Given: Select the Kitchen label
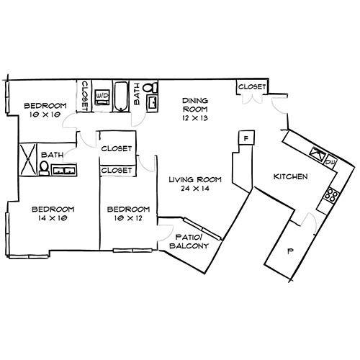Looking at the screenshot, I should [291, 176].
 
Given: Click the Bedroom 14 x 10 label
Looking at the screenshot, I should [50, 215].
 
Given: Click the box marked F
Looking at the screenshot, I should [246, 138].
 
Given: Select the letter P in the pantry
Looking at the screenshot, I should [290, 252].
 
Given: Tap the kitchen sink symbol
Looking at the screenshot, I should [316, 153].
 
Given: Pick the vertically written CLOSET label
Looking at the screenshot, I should [84, 95].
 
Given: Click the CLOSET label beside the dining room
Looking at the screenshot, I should [251, 87].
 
